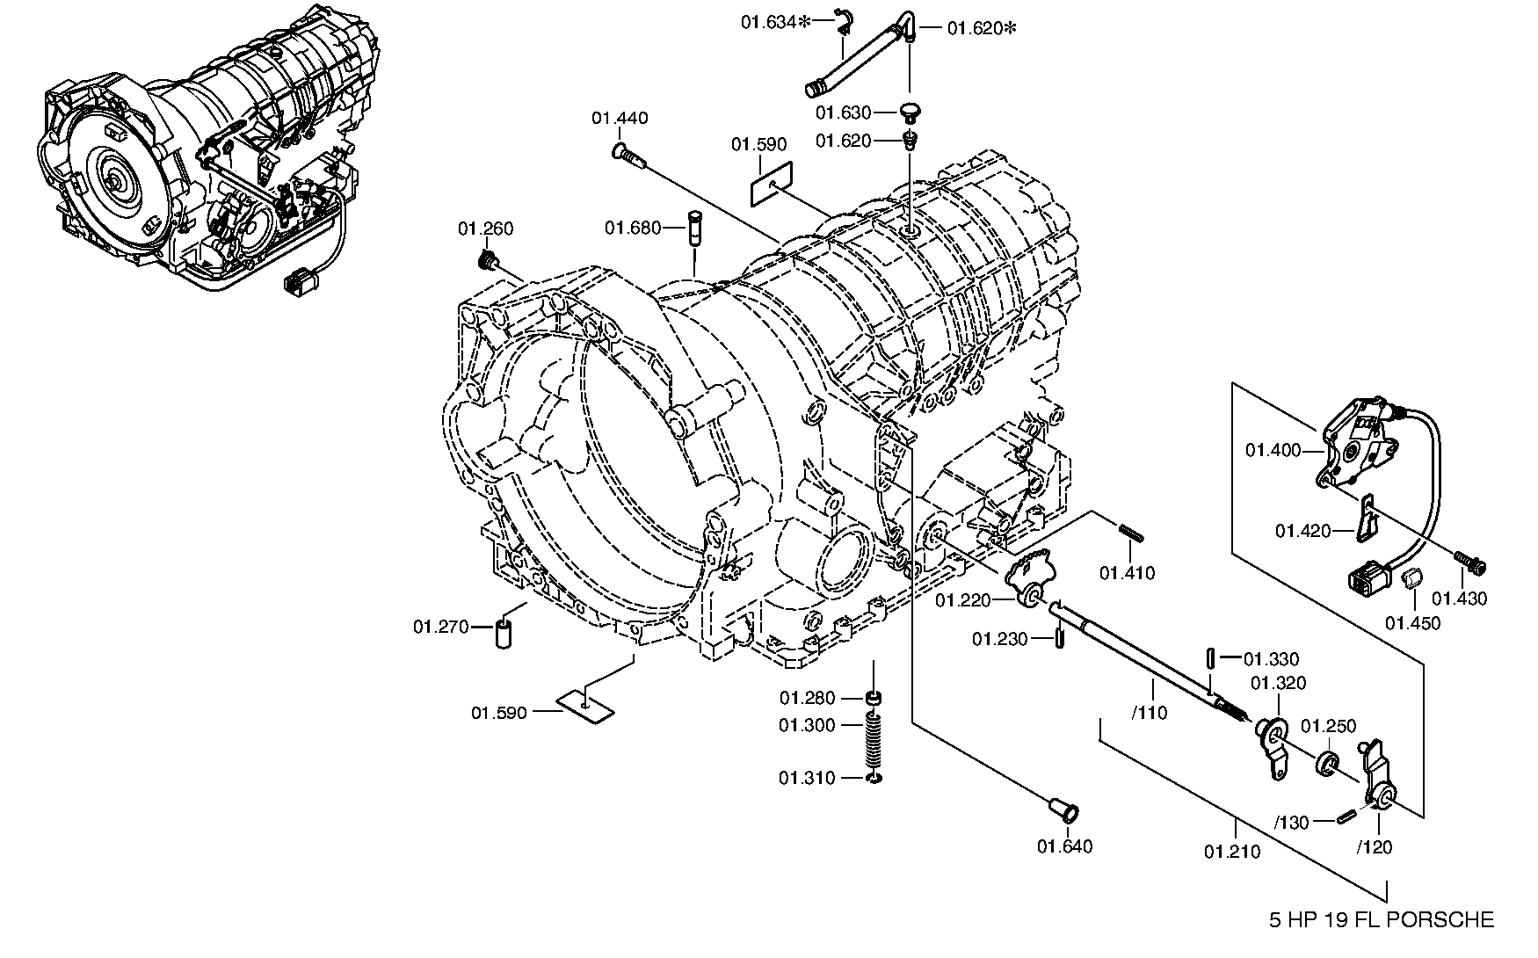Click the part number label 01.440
[x=620, y=119]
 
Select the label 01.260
[x=485, y=229]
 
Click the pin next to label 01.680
[x=693, y=229]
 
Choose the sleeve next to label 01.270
[x=504, y=633]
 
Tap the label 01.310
[x=807, y=778]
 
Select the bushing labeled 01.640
[x=1064, y=809]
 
